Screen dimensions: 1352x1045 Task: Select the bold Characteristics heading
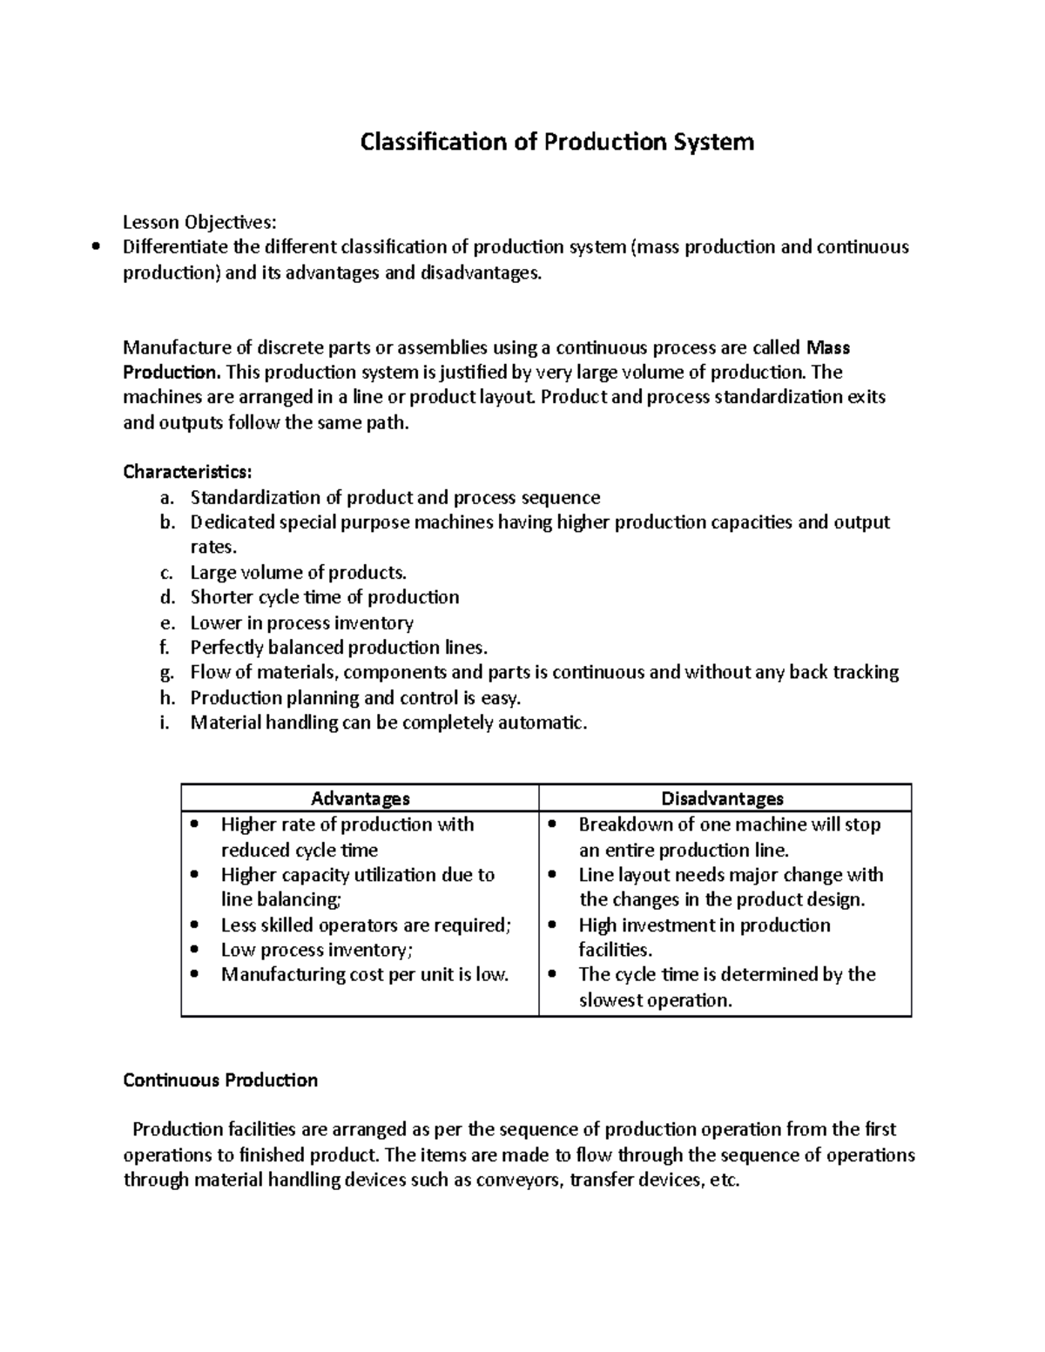pos(187,472)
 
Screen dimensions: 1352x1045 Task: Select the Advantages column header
pos(361,798)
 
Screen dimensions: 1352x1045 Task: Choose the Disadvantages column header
pos(723,798)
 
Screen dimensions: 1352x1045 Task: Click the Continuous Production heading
pos(220,1080)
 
